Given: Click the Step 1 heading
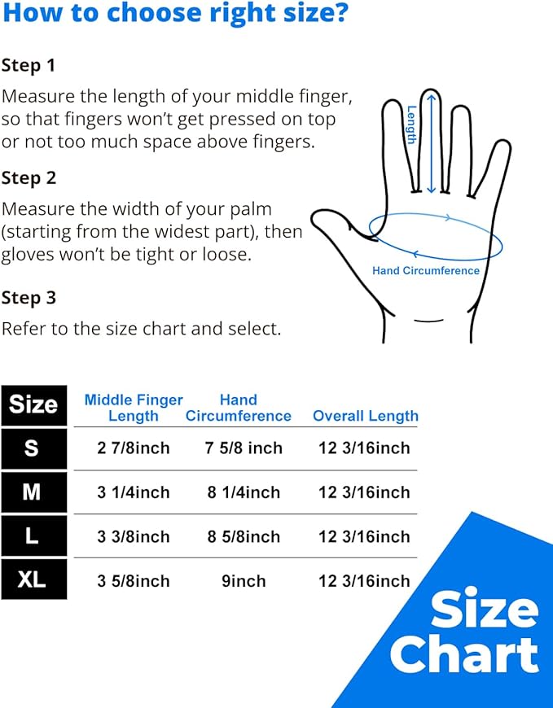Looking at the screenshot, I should pyautogui.click(x=29, y=66).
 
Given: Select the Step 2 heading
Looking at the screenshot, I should pyautogui.click(x=29, y=178).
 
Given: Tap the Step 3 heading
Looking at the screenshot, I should pyautogui.click(x=29, y=298).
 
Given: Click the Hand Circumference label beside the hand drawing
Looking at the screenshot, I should pyautogui.click(x=426, y=271).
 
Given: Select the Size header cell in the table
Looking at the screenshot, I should pyautogui.click(x=33, y=404).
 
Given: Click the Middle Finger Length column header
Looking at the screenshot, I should pyautogui.click(x=134, y=408).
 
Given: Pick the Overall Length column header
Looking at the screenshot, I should pyautogui.click(x=366, y=416).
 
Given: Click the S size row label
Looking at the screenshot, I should pyautogui.click(x=33, y=448).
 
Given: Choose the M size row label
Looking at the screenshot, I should pyautogui.click(x=33, y=492).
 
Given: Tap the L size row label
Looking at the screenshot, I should pyautogui.click(x=33, y=536).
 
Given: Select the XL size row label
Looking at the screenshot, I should pyautogui.click(x=33, y=580).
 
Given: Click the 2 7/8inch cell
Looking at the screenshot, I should pyautogui.click(x=134, y=448).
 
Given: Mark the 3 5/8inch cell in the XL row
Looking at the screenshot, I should pyautogui.click(x=134, y=581).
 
